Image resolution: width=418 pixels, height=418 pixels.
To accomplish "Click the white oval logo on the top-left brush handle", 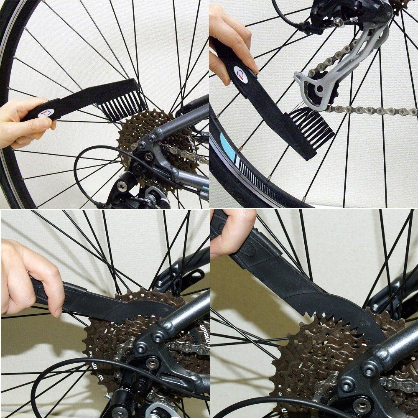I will click(46, 113).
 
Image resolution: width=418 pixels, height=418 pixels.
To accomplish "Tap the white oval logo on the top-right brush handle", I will click(241, 74).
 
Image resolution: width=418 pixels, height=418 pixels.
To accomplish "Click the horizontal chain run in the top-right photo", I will click(372, 111).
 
